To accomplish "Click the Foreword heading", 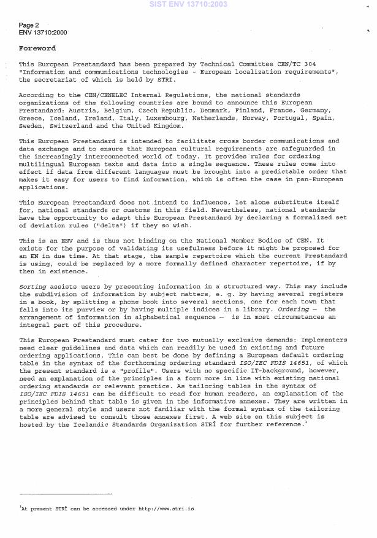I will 37,48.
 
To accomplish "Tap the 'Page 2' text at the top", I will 29,25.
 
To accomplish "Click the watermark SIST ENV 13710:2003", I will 188,4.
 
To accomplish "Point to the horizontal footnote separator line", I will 66,494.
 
